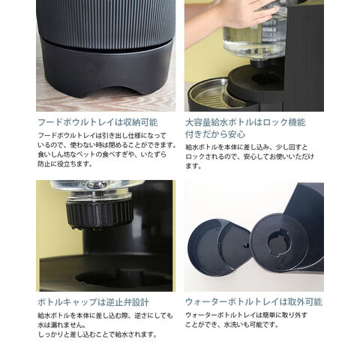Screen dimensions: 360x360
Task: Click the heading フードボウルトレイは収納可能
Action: tap(97, 122)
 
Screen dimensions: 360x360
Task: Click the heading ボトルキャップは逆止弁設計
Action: tap(93, 302)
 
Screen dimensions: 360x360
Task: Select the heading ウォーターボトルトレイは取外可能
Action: tap(253, 302)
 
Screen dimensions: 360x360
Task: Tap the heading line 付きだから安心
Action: tap(215, 134)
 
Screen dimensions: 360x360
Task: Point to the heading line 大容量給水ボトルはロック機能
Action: tap(245, 122)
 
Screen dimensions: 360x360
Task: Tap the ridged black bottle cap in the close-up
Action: tap(100, 214)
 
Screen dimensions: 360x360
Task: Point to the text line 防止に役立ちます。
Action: tap(65, 164)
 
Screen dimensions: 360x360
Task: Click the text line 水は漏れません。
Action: tap(61, 325)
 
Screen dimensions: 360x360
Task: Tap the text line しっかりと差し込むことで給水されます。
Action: tap(97, 334)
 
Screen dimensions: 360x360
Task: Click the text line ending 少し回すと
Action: tap(247, 147)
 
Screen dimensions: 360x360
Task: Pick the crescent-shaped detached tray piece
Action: tap(218, 247)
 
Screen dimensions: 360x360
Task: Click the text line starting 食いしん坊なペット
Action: tap(102, 154)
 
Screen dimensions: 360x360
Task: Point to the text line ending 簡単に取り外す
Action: tap(246, 315)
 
